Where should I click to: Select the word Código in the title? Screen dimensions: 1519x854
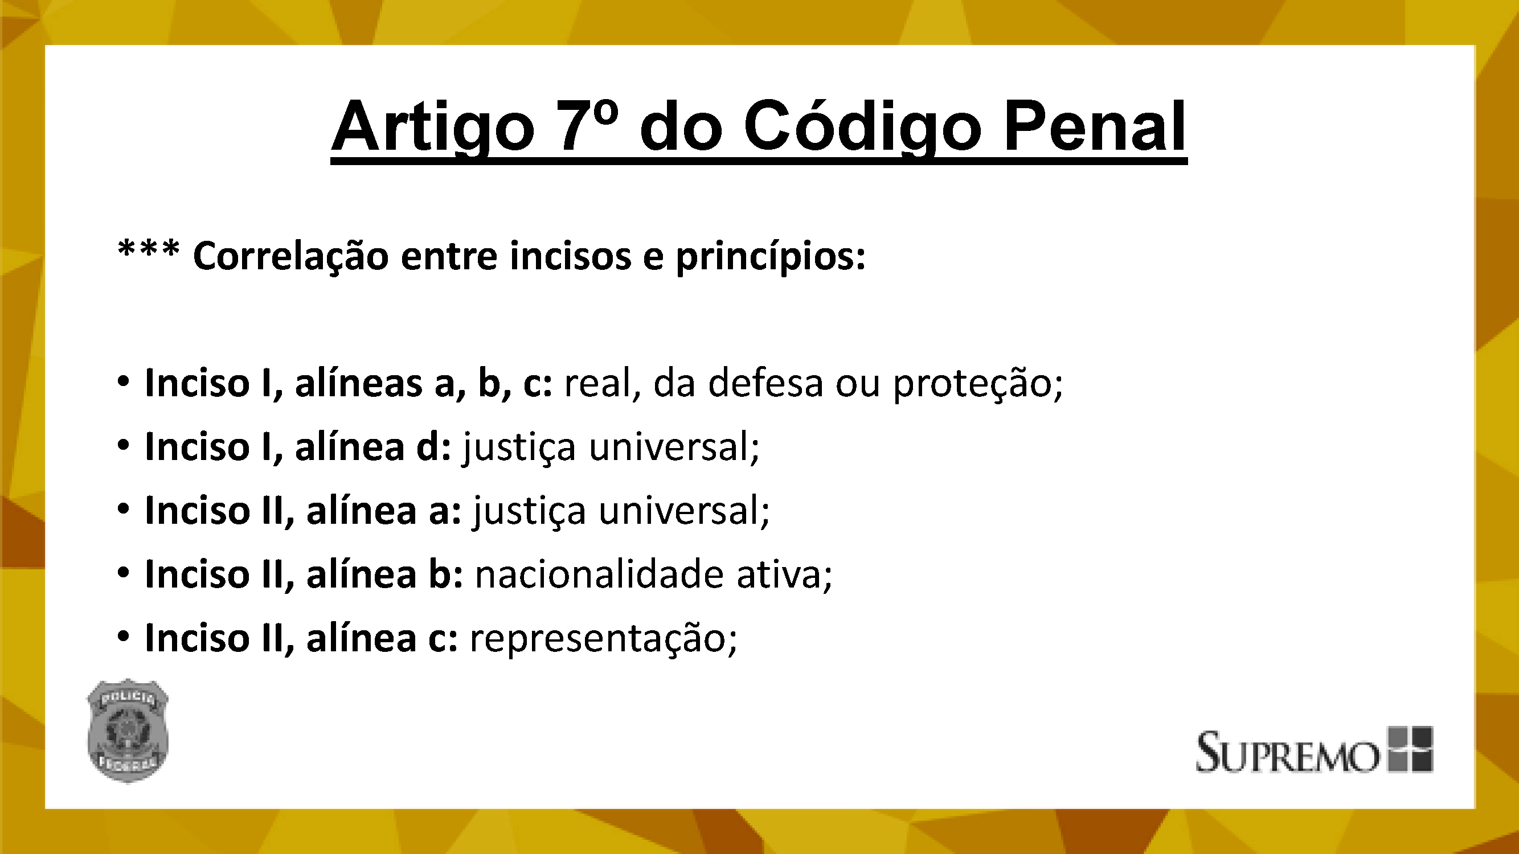coord(862,124)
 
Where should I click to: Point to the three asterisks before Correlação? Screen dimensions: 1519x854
coord(149,250)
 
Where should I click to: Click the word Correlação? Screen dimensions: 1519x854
coord(290,257)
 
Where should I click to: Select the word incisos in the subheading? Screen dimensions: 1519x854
coord(570,256)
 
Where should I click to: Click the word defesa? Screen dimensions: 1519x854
coord(765,383)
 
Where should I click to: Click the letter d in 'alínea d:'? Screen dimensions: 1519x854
coord(429,446)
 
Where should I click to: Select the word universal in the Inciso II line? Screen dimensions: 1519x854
coord(684,510)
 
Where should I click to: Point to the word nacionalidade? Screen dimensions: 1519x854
coord(599,573)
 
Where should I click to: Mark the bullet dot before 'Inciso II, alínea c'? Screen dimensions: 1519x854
coord(122,637)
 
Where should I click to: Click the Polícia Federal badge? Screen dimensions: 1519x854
coord(128,731)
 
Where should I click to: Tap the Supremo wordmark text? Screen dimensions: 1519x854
coord(1287,752)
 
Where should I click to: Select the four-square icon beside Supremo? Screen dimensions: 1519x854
coord(1410,749)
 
